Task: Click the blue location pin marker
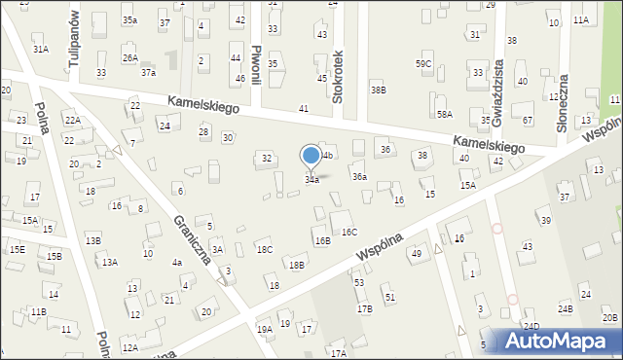tap(311, 157)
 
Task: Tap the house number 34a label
tap(311, 180)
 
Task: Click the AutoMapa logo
tap(559, 341)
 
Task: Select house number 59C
tap(423, 64)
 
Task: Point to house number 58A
tap(444, 114)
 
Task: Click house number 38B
tap(378, 90)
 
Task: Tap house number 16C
tap(349, 232)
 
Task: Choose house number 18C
tap(265, 249)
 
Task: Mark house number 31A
tap(40, 48)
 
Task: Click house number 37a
tap(148, 72)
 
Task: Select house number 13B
tap(92, 240)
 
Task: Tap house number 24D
tap(531, 326)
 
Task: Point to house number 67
tap(528, 120)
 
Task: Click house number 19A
tap(264, 329)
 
